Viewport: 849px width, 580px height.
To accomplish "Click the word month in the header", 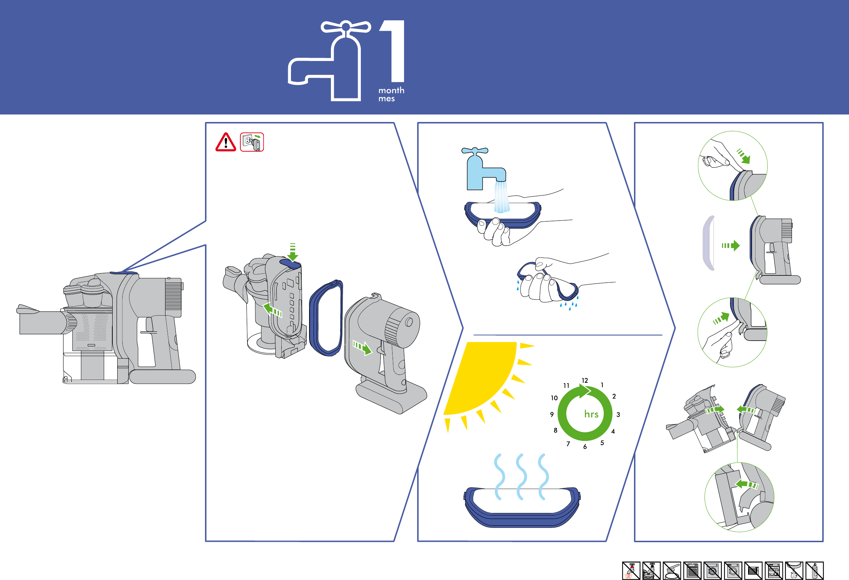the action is (391, 90).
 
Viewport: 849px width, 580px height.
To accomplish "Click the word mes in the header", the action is (386, 99).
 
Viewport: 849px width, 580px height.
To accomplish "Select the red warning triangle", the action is (225, 142).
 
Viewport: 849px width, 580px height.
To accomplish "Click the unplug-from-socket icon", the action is (252, 142).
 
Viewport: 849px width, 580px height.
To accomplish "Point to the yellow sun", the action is (482, 376).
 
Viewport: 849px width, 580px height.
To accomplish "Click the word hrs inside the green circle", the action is (591, 414).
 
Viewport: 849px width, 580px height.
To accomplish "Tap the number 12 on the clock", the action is (584, 381).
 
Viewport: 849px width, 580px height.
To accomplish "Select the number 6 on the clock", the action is (585, 447).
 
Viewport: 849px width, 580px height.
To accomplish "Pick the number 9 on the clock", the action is (552, 414).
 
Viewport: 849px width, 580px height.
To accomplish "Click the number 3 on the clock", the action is (618, 414).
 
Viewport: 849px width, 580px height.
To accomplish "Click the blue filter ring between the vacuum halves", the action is (326, 318).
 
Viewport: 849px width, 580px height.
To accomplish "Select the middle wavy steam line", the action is (521, 477).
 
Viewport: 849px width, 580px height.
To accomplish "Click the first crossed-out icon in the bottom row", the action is (631, 570).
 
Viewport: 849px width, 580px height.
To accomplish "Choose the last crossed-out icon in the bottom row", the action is (815, 570).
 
